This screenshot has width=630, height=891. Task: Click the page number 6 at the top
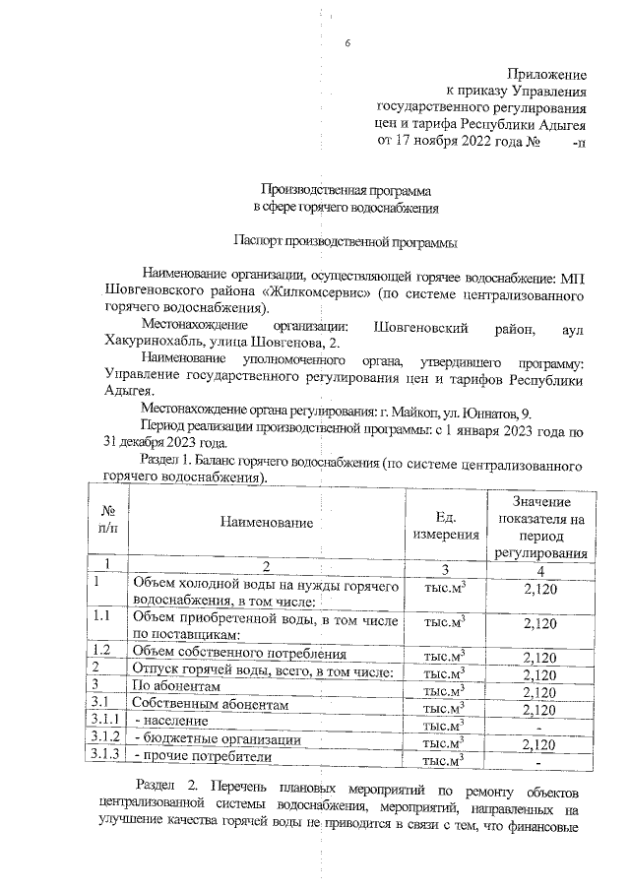pos(348,43)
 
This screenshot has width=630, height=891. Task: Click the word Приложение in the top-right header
pos(547,74)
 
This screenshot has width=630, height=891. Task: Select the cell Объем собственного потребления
pos(239,653)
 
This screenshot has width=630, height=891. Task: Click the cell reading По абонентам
pos(175,686)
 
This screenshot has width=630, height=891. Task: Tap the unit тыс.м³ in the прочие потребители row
pos(444,761)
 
